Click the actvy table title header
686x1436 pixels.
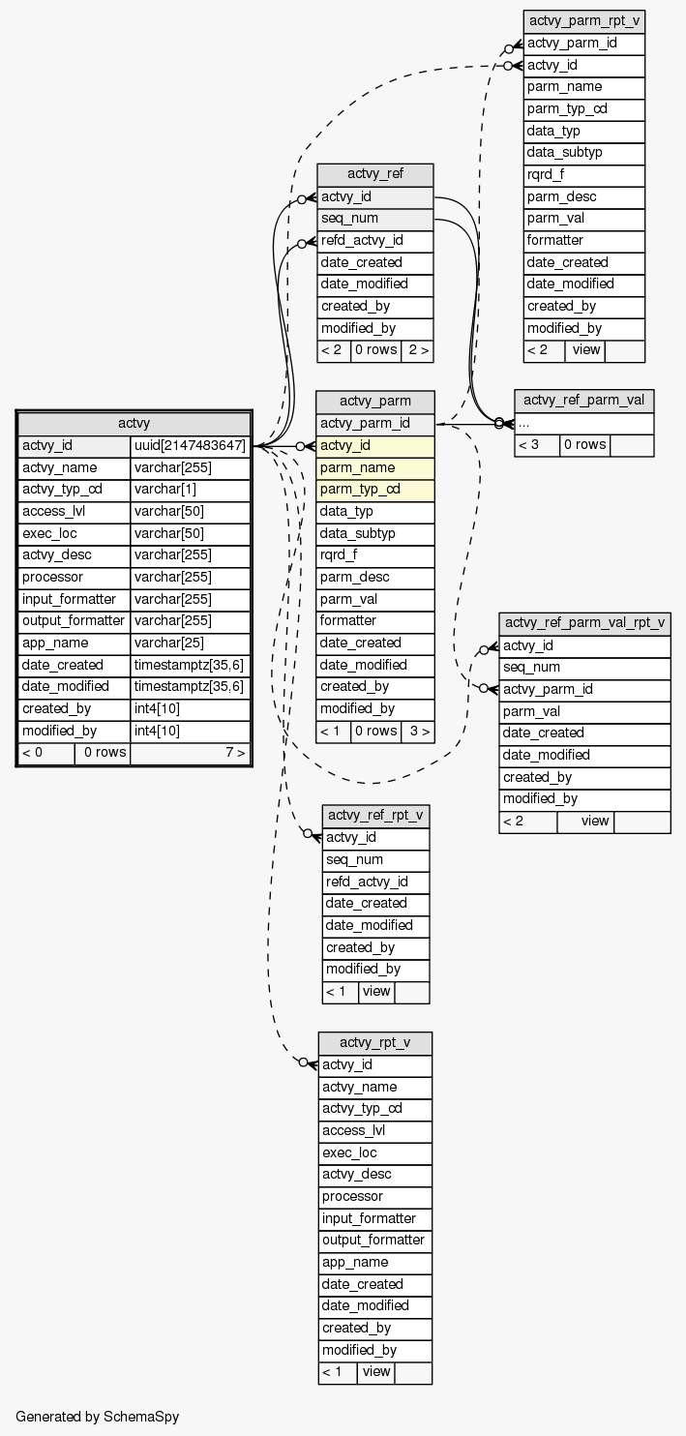click(134, 423)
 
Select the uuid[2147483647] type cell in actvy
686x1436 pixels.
click(191, 446)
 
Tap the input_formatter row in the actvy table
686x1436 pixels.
click(74, 599)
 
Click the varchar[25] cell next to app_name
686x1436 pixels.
click(191, 643)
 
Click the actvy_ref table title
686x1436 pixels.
click(374, 175)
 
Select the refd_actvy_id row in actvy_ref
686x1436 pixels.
click(374, 241)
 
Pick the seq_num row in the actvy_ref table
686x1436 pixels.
click(374, 219)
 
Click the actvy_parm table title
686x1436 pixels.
click(375, 402)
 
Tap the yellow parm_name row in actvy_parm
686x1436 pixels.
click(375, 467)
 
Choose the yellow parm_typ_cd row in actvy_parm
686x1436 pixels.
click(375, 489)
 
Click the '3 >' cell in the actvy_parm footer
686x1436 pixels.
click(417, 731)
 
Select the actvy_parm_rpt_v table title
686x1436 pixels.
click(583, 21)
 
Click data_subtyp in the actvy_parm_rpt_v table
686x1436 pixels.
click(583, 153)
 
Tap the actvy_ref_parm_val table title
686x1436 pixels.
click(583, 401)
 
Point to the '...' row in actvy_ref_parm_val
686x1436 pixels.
click(583, 423)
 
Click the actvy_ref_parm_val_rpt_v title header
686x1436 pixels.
click(584, 623)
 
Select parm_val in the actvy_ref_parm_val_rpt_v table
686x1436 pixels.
click(584, 711)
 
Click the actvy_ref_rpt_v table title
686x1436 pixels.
click(375, 816)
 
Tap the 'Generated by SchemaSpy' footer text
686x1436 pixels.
click(98, 1417)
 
